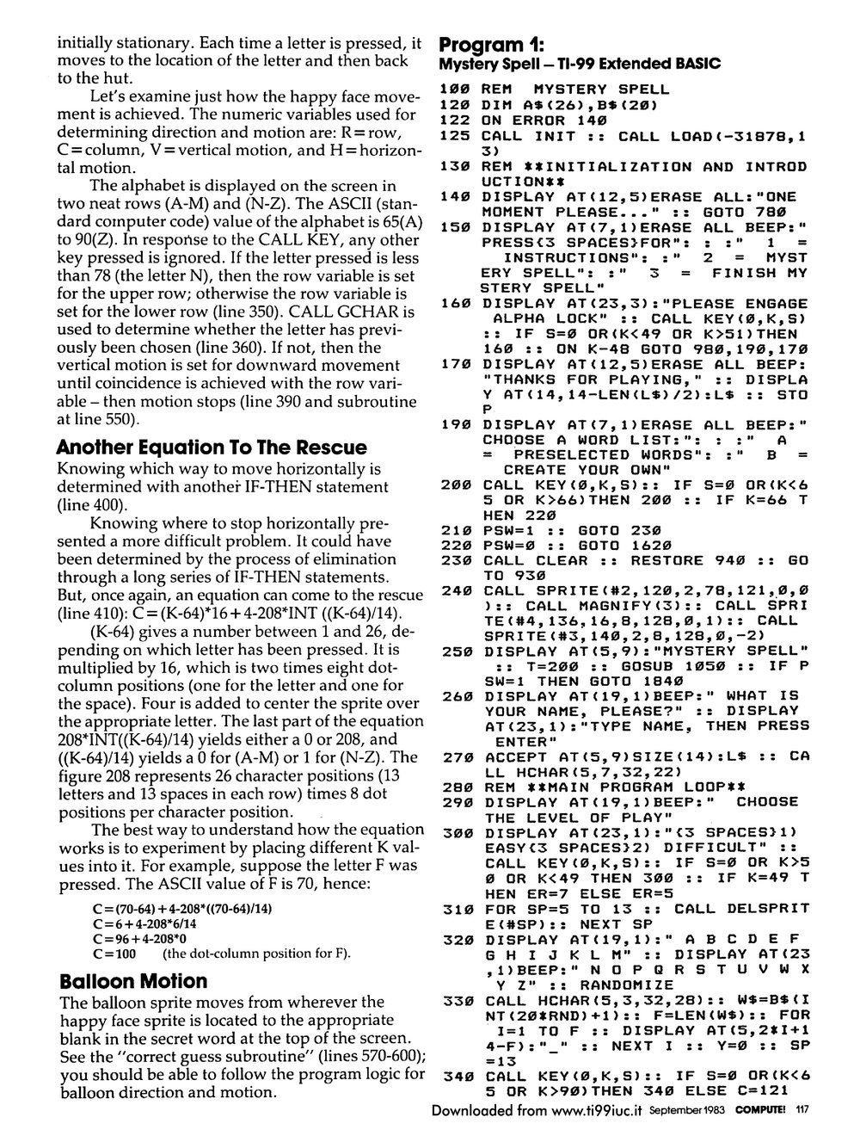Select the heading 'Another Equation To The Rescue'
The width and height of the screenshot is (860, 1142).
coord(211,448)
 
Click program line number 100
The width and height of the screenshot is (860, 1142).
coord(454,89)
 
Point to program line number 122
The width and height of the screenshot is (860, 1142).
coord(454,120)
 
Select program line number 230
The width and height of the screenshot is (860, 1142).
coord(454,560)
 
